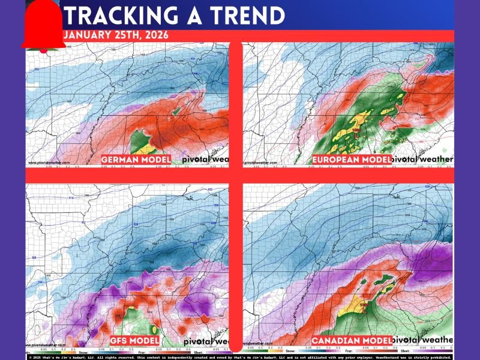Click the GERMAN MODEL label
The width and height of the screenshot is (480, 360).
(136, 160)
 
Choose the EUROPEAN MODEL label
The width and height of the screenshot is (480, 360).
(352, 160)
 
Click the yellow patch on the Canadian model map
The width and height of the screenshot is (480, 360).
(349, 307)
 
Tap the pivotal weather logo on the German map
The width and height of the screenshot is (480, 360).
(200, 160)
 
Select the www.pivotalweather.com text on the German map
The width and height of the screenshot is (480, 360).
(48, 163)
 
